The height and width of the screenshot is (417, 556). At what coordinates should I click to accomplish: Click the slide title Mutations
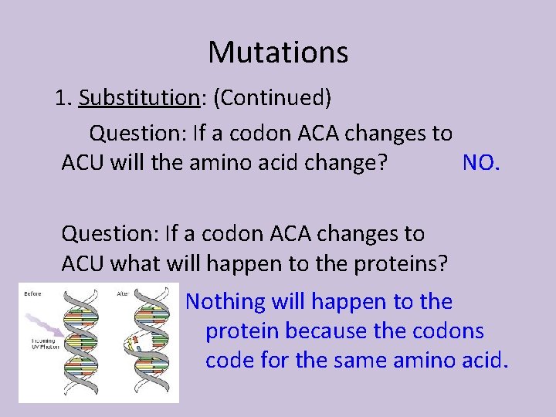pos(278,53)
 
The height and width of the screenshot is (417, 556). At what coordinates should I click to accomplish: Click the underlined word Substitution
pos(139,98)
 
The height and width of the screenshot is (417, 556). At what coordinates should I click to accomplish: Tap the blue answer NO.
pos(482,162)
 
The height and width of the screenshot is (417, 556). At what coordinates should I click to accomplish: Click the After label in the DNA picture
pos(123,293)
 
